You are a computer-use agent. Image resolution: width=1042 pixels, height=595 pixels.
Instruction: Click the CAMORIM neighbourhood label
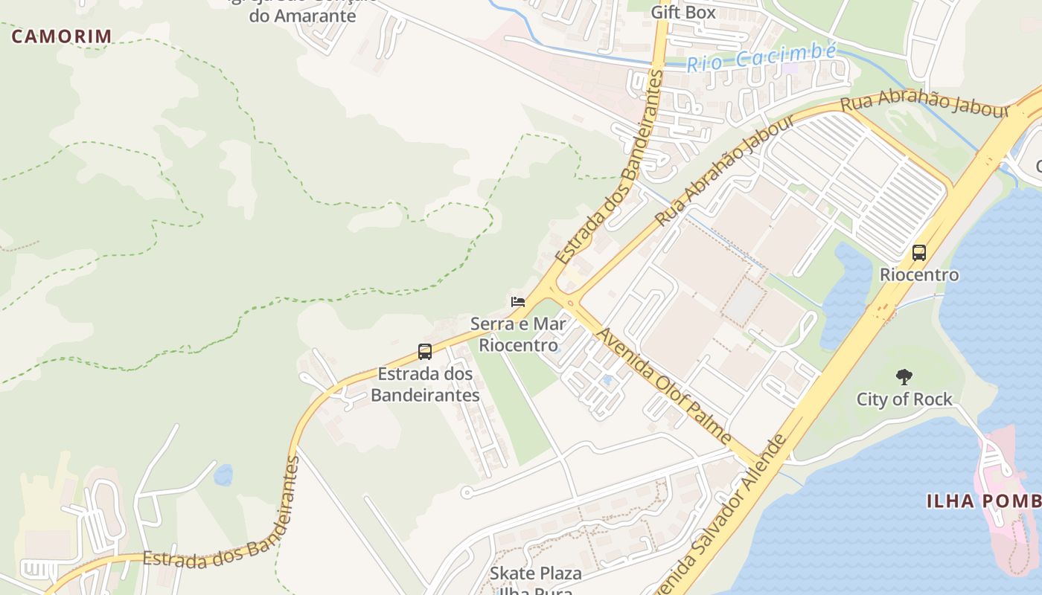click(62, 36)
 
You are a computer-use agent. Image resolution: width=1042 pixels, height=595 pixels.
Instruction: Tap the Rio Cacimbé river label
click(761, 57)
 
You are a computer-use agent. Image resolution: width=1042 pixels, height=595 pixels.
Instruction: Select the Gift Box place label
click(683, 12)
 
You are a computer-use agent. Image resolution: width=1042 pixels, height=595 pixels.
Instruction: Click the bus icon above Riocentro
click(919, 253)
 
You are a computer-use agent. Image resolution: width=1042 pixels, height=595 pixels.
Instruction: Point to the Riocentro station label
click(919, 274)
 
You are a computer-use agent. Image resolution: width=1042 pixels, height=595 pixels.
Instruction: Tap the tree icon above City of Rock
click(904, 377)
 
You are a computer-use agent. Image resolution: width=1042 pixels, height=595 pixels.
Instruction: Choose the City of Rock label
click(904, 399)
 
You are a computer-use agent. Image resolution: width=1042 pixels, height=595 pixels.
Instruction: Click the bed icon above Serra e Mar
click(518, 302)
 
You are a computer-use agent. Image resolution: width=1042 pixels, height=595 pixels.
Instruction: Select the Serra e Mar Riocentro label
click(518, 334)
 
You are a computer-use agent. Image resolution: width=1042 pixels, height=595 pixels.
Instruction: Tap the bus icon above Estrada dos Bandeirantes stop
click(425, 352)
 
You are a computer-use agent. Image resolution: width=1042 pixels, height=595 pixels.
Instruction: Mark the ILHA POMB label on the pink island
click(982, 501)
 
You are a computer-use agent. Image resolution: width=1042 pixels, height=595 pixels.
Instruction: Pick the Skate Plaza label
click(535, 573)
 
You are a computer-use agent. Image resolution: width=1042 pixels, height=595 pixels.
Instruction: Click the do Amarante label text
click(303, 16)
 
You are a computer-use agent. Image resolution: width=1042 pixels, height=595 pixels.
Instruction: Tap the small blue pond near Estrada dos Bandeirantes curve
click(223, 475)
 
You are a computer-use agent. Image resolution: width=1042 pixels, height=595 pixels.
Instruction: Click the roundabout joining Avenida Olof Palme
click(569, 303)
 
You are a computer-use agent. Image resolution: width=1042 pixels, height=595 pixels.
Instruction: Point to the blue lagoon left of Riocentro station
click(846, 297)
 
